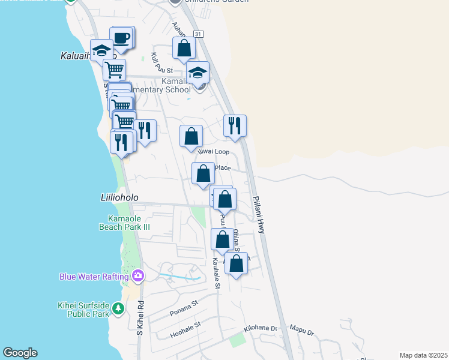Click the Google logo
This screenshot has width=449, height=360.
tap(20, 353)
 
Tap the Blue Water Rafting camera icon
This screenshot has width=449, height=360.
tap(139, 276)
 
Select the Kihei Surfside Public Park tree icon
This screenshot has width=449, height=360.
tap(118, 308)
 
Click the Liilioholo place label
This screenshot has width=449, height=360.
tap(119, 197)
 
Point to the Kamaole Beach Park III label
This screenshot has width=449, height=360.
tap(125, 222)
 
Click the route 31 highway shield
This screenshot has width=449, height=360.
tap(198, 35)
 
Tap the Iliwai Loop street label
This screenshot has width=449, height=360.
tap(215, 152)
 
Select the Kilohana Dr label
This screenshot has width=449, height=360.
tap(260, 329)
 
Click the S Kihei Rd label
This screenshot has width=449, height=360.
tap(140, 318)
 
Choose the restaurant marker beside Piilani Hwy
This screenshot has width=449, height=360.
tap(235, 126)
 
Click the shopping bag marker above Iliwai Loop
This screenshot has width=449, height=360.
tap(191, 136)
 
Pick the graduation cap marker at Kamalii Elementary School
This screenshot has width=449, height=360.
tap(197, 73)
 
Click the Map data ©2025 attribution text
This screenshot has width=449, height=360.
tap(423, 355)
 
